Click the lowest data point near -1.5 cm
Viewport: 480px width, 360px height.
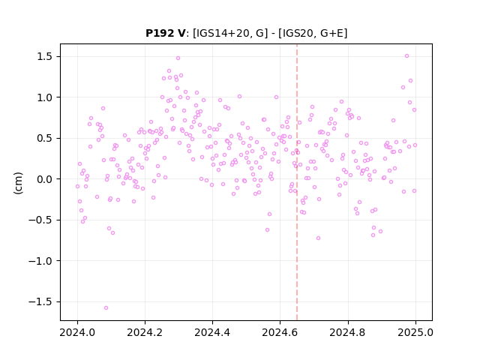pyautogui.click(x=106, y=307)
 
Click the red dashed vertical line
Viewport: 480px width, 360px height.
pyautogui.click(x=297, y=182)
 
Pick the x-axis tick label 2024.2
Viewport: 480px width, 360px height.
pyautogui.click(x=145, y=332)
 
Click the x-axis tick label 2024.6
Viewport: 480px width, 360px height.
pyautogui.click(x=280, y=332)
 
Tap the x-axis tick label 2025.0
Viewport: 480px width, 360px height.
pyautogui.click(x=415, y=332)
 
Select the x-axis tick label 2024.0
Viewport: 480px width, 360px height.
pyautogui.click(x=77, y=332)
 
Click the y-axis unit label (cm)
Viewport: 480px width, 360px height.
pyautogui.click(x=18, y=183)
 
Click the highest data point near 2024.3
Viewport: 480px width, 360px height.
pyautogui.click(x=178, y=58)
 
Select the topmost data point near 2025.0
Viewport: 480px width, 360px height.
pyautogui.click(x=406, y=55)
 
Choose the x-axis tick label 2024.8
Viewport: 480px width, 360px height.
pyautogui.click(x=348, y=332)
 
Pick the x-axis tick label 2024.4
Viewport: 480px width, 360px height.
pyautogui.click(x=212, y=332)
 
